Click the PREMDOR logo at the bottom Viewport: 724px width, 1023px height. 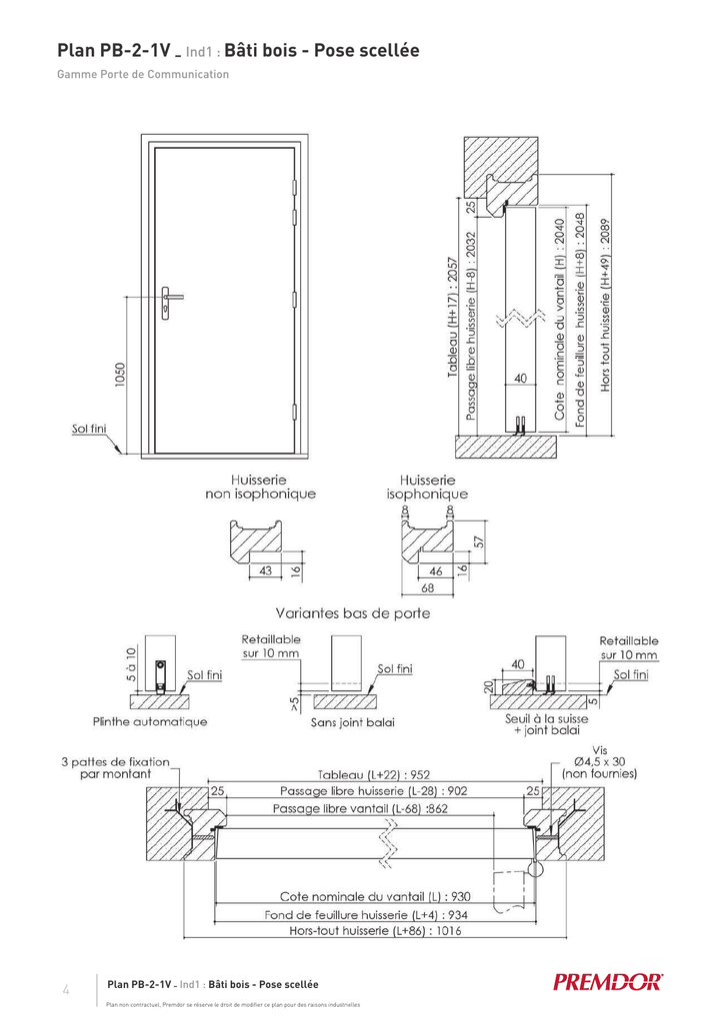coord(608,981)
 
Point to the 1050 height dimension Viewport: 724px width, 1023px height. coord(119,379)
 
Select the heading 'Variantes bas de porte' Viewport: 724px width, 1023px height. coord(352,613)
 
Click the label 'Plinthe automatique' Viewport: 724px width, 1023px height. coord(150,721)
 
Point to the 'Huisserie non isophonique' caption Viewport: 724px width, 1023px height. coord(260,487)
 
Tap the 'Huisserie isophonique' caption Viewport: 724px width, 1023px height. coord(427,487)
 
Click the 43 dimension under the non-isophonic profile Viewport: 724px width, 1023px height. coord(266,570)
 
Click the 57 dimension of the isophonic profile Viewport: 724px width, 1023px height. coord(478,540)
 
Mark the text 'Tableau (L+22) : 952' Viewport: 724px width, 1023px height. coord(374,774)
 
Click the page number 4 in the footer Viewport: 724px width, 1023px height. coord(66,990)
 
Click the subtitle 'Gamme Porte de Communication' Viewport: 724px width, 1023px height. coord(143,74)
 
